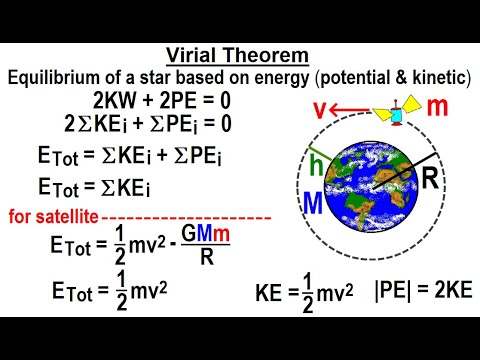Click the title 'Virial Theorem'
240,57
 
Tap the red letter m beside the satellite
437,107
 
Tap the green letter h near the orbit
316,160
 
